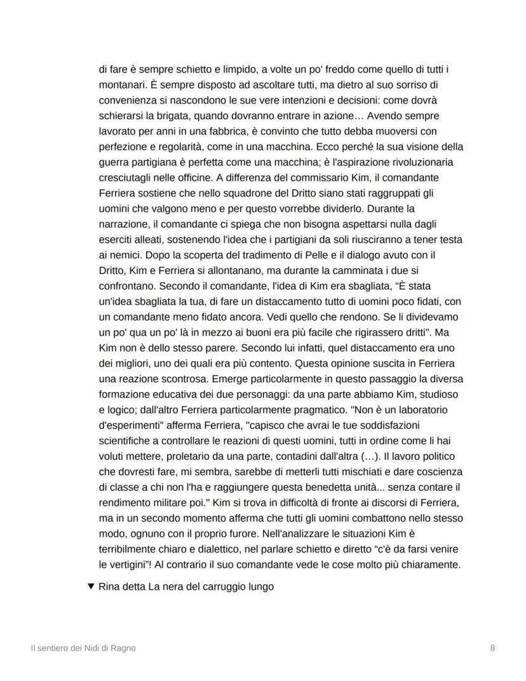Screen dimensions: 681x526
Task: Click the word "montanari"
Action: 123,85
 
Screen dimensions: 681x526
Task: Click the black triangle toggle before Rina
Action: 90,586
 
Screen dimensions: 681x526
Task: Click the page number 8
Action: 493,648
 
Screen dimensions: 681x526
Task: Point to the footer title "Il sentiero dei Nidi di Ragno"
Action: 83,648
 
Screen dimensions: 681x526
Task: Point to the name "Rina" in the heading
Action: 111,586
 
